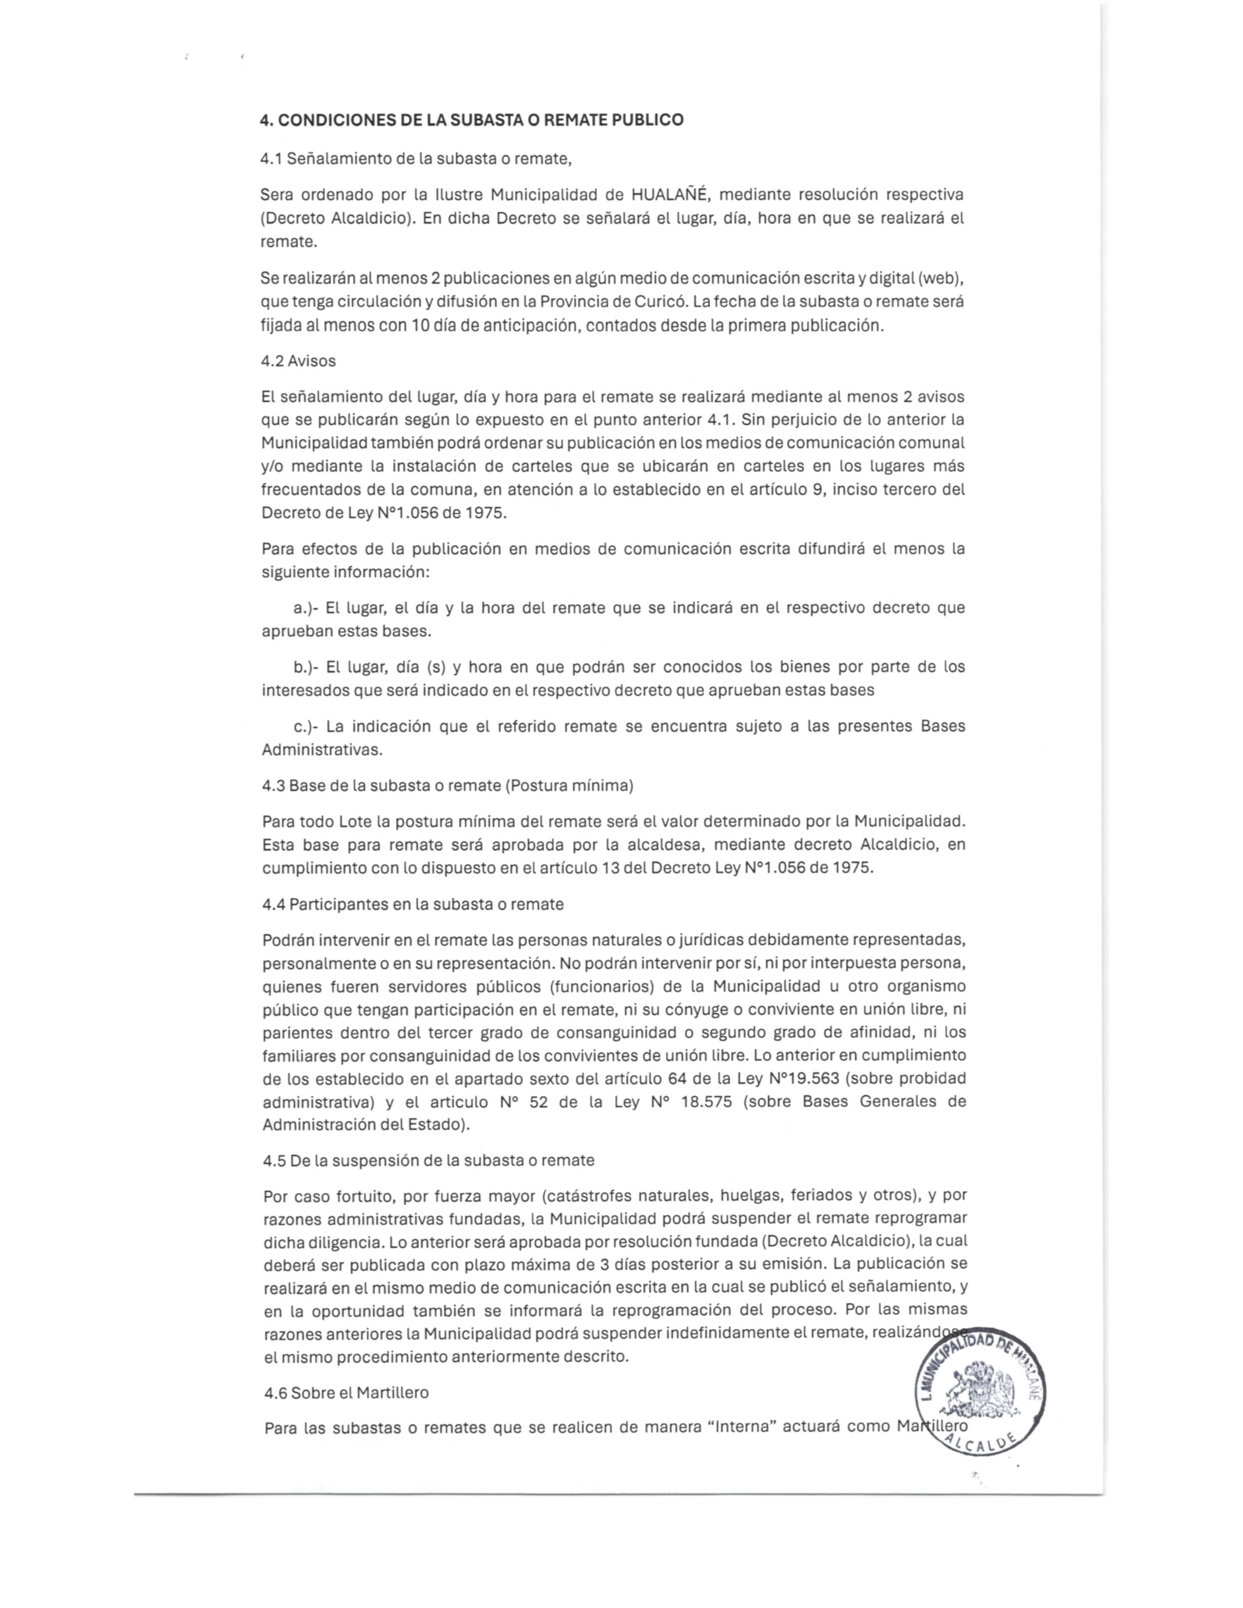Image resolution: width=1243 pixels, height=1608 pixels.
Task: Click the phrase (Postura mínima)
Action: coord(569,785)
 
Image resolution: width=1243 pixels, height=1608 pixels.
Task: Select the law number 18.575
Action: coord(708,1102)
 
